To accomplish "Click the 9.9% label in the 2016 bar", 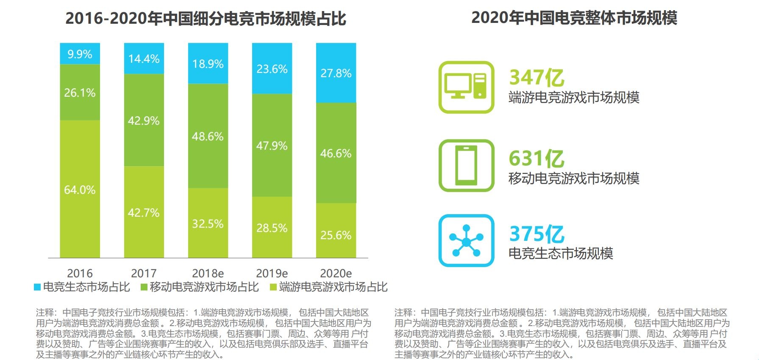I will click(x=80, y=54).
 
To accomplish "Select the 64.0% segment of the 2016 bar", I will click(x=80, y=189).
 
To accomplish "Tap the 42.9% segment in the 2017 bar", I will click(x=144, y=120).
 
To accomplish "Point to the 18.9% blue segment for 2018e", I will click(x=208, y=64).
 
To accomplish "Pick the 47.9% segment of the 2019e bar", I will click(x=272, y=145).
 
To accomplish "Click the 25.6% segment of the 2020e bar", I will click(x=336, y=234).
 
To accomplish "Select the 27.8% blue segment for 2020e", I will click(x=336, y=73).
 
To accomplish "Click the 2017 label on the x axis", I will click(x=144, y=273).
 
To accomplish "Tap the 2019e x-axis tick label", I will click(x=272, y=273).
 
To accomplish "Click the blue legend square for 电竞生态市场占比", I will click(x=37, y=287).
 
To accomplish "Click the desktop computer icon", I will click(x=466, y=87).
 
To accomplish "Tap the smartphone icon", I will click(x=466, y=165).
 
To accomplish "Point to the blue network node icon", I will click(x=466, y=240).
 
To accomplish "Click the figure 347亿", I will click(x=537, y=78).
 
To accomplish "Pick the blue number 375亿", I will click(x=537, y=234).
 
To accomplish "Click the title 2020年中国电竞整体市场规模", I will click(x=574, y=18).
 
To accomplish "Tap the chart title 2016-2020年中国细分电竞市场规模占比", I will click(x=206, y=19).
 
